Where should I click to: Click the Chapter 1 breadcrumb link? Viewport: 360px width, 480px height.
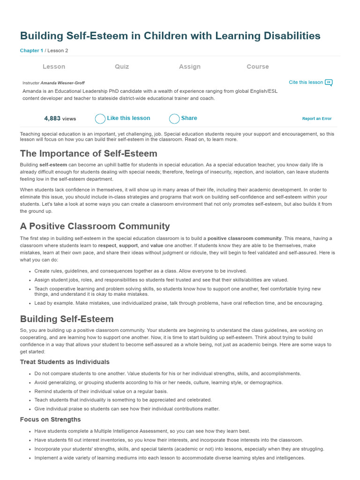pyautogui.click(x=31, y=51)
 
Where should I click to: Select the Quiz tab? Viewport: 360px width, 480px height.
pyautogui.click(x=122, y=67)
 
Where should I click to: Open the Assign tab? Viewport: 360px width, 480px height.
pyautogui.click(x=190, y=67)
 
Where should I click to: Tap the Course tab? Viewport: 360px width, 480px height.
pyautogui.click(x=258, y=67)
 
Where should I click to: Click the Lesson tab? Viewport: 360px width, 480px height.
pyautogui.click(x=54, y=67)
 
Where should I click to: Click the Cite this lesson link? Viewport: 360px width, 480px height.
pyautogui.click(x=306, y=82)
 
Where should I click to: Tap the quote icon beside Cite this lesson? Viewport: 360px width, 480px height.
pyautogui.click(x=329, y=83)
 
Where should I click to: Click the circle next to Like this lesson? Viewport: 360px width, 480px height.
pyautogui.click(x=100, y=119)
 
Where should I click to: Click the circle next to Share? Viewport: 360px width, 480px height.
pyautogui.click(x=174, y=119)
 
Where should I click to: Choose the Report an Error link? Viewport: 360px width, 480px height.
pyautogui.click(x=317, y=119)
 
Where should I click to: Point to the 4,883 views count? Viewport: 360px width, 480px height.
pyautogui.click(x=60, y=119)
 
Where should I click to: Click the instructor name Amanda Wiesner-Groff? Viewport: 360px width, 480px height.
pyautogui.click(x=63, y=83)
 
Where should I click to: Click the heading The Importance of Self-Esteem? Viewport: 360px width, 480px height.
pyautogui.click(x=89, y=154)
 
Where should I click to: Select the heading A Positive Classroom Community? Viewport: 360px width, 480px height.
pyautogui.click(x=95, y=226)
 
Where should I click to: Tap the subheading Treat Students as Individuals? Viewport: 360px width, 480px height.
pyautogui.click(x=65, y=362)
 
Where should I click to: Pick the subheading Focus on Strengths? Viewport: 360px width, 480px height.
pyautogui.click(x=50, y=420)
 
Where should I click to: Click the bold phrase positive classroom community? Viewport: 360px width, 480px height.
pyautogui.click(x=245, y=239)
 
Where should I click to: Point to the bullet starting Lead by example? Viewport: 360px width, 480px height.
pyautogui.click(x=179, y=303)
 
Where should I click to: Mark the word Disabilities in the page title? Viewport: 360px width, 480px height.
pyautogui.click(x=287, y=36)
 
